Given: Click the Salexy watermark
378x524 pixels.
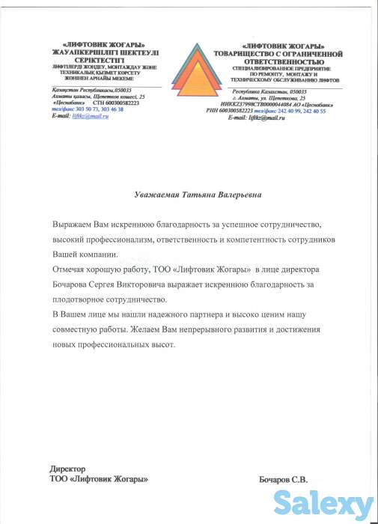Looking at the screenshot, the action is [323, 502].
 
